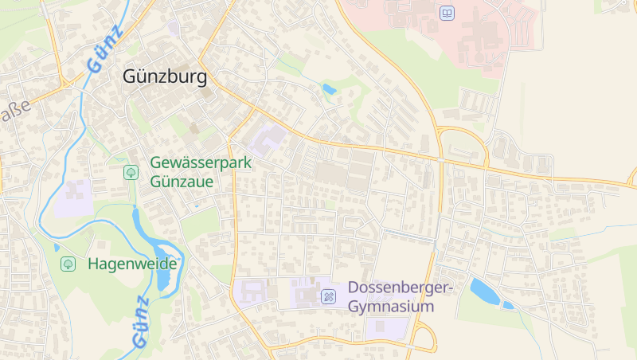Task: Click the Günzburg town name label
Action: click(x=165, y=77)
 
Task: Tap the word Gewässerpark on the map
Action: click(x=201, y=164)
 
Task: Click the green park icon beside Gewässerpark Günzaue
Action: click(x=131, y=172)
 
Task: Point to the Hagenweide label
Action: click(x=132, y=263)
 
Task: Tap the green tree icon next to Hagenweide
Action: click(x=68, y=263)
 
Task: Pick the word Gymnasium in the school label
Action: click(x=391, y=307)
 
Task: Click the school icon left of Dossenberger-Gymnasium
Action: click(x=328, y=296)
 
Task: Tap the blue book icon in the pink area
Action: click(x=447, y=14)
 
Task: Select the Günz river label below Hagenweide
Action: click(x=139, y=323)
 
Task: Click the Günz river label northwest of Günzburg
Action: click(x=106, y=49)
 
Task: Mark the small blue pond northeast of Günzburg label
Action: click(x=329, y=88)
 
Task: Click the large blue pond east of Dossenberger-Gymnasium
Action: click(x=484, y=291)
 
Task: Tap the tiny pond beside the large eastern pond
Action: click(x=507, y=304)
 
